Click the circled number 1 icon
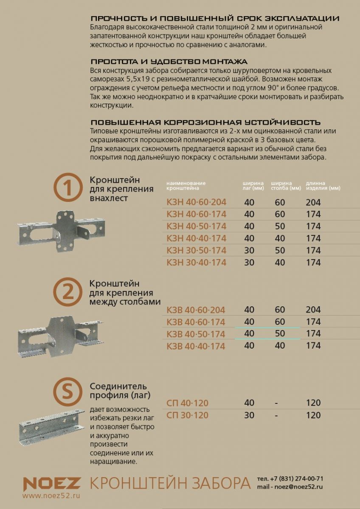click(x=68, y=187)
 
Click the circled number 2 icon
click(x=68, y=292)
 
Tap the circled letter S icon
click(x=68, y=392)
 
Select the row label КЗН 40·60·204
click(x=196, y=202)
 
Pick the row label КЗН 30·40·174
click(x=196, y=263)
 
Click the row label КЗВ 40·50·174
click(x=196, y=334)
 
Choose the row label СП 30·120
click(x=187, y=415)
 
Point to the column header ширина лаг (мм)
click(x=253, y=186)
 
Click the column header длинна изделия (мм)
click(x=323, y=186)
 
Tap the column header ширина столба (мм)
click(x=286, y=186)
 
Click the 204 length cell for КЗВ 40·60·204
click(x=313, y=310)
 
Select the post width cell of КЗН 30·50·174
click(x=280, y=250)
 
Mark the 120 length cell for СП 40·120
click(x=313, y=403)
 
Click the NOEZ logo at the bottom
click(x=52, y=484)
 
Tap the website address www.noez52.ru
click(x=51, y=495)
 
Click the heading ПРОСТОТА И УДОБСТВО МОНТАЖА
click(x=169, y=62)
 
